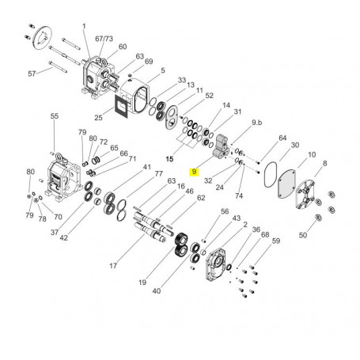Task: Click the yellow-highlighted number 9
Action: point(194,172)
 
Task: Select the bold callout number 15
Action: point(169,159)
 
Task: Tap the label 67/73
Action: point(104,39)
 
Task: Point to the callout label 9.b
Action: point(256,123)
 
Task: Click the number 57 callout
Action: point(32,74)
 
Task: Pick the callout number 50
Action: point(303,235)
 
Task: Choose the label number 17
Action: point(113,266)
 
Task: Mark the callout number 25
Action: point(98,117)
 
